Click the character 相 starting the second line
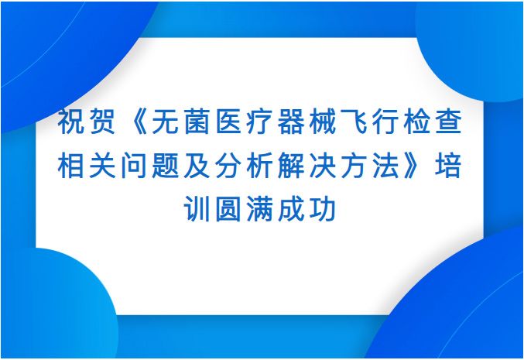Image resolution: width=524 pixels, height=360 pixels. (71, 166)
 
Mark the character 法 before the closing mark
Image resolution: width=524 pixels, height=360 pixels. (385, 166)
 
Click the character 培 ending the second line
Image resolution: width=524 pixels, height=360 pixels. (449, 166)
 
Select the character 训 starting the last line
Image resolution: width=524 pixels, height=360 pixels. (197, 210)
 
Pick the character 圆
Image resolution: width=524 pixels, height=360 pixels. (228, 210)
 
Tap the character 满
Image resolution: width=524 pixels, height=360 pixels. (259, 210)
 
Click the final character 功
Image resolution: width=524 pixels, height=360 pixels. (323, 210)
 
